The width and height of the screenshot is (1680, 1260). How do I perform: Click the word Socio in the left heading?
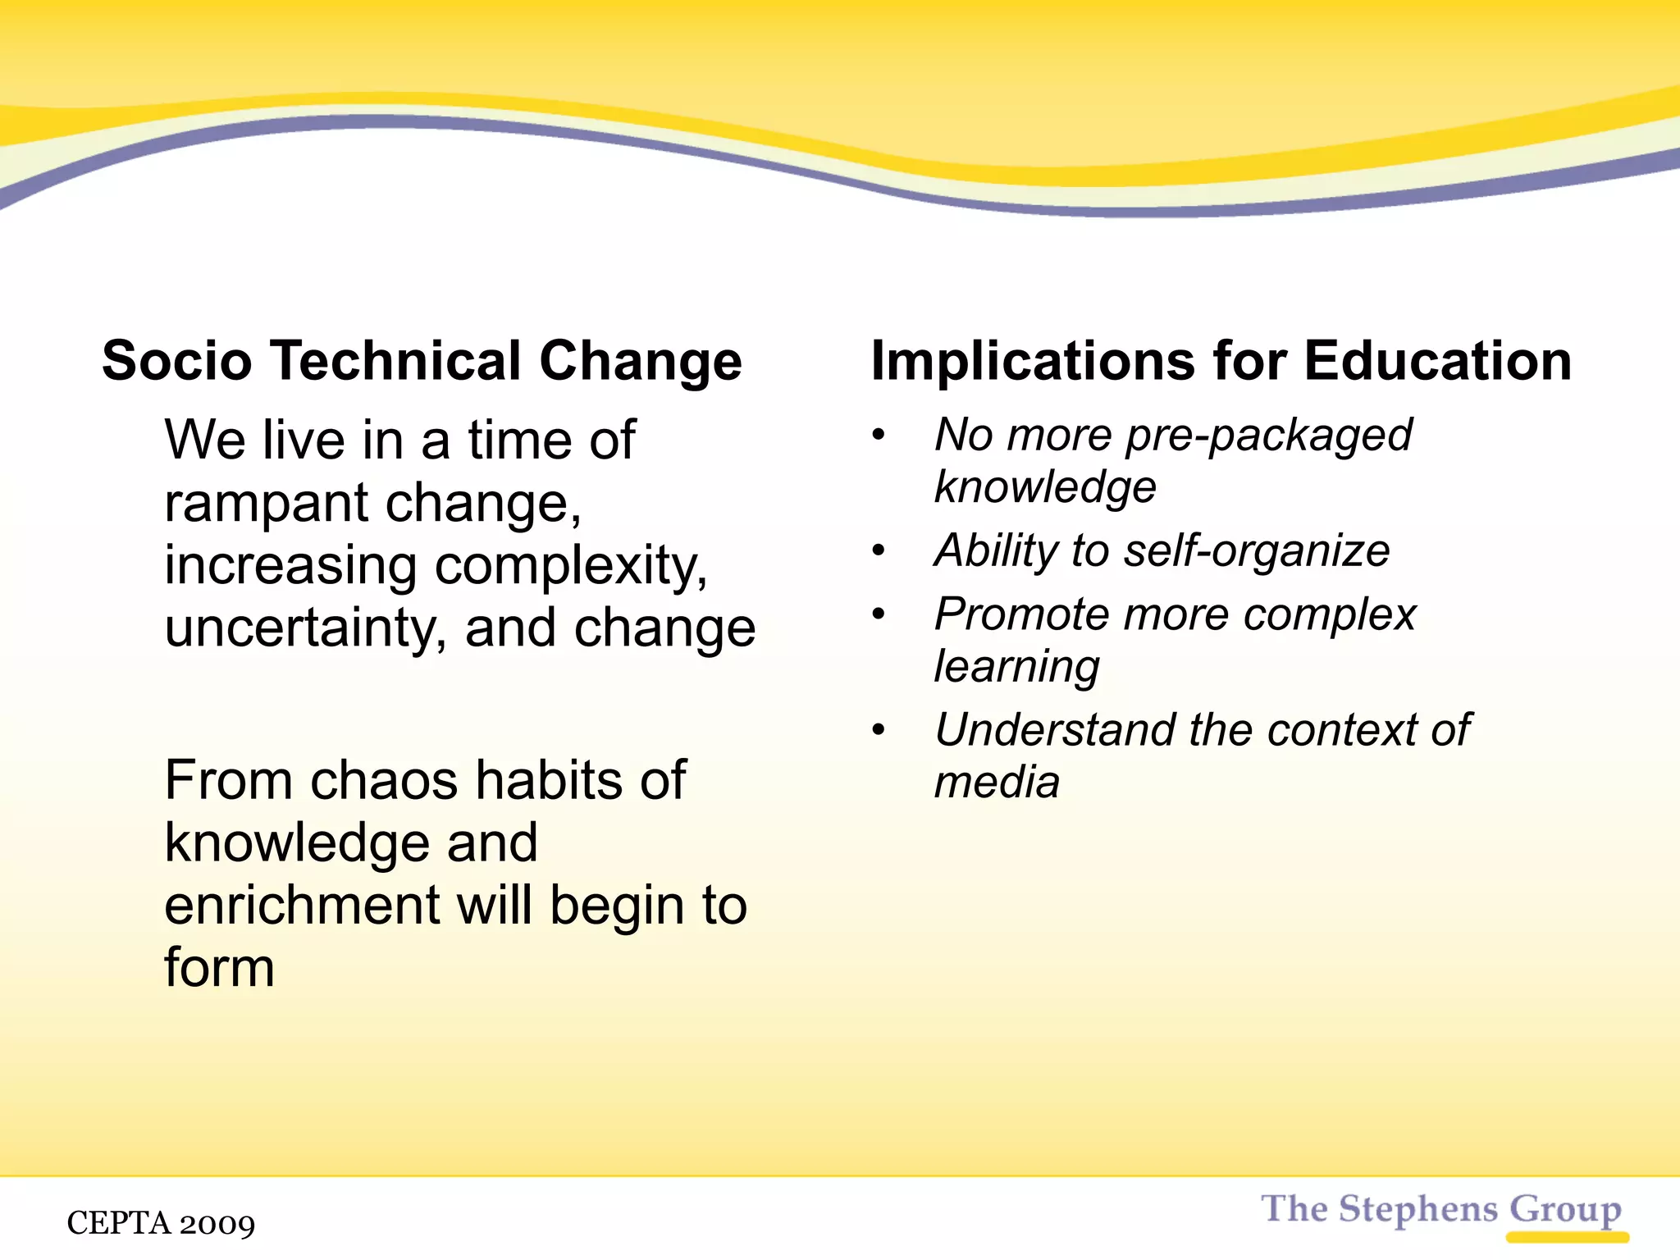click(176, 361)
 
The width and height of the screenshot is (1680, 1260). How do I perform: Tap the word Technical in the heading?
click(395, 361)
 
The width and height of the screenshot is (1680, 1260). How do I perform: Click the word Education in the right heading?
click(1437, 361)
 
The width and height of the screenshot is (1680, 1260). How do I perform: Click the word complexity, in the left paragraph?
click(571, 568)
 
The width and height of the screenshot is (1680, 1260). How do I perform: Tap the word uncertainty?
click(306, 629)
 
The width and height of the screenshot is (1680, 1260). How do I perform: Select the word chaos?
click(384, 780)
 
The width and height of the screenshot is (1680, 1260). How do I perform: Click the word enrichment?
click(303, 906)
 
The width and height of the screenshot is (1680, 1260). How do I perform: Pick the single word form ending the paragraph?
click(219, 968)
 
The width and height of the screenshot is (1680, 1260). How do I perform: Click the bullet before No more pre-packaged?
click(879, 435)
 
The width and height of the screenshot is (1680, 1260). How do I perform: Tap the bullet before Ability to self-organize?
click(879, 550)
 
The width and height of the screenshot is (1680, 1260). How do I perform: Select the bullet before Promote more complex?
click(879, 614)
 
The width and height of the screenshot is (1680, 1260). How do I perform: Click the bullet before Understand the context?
click(879, 729)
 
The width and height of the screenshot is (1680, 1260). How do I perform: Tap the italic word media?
click(997, 782)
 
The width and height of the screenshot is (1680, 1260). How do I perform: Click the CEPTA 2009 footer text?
click(161, 1223)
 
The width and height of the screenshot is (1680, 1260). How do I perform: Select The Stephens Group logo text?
click(1440, 1209)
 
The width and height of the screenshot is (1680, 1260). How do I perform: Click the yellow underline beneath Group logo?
click(1567, 1237)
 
